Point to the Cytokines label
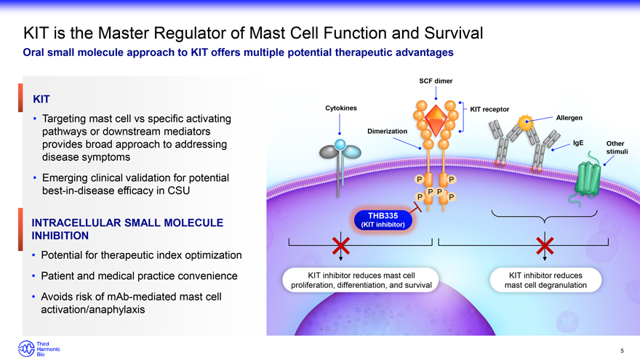point(340,108)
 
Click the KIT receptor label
point(489,110)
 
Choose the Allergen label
point(569,118)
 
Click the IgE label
point(578,143)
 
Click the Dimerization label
point(387,131)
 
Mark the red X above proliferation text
point(340,247)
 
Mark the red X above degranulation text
point(545,247)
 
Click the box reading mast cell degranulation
point(545,280)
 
